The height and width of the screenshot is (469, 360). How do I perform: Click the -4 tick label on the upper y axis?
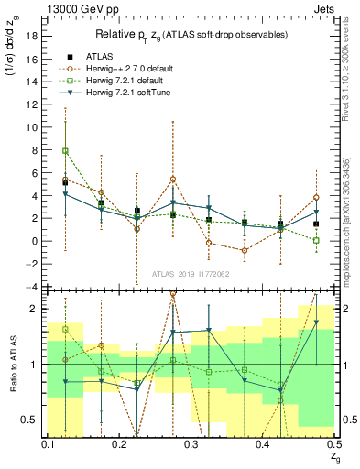coord(33,287)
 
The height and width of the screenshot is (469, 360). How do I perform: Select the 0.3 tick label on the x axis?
coord(191,443)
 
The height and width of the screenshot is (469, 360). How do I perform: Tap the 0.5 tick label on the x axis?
coord(333,443)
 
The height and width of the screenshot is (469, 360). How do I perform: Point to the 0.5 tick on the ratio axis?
coord(32,420)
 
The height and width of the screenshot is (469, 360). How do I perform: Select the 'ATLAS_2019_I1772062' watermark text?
coord(191,274)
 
